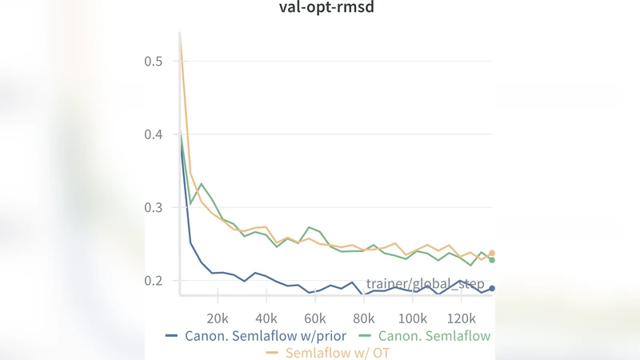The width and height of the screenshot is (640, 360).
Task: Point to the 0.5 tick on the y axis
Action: click(x=154, y=61)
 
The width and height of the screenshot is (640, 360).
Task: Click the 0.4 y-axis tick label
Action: click(x=154, y=134)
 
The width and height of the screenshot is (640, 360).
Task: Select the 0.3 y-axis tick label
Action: click(x=154, y=207)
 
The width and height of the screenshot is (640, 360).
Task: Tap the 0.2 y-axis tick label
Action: click(x=154, y=281)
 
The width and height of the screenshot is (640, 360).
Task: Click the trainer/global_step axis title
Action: click(x=426, y=284)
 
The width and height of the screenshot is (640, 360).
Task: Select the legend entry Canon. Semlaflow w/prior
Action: click(x=265, y=335)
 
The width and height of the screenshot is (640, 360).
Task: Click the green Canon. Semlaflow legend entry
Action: click(x=434, y=335)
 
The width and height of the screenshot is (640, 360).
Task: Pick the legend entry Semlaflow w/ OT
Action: click(x=337, y=352)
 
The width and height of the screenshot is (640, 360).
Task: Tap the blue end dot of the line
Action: click(x=492, y=288)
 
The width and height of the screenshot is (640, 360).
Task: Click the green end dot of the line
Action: click(x=492, y=260)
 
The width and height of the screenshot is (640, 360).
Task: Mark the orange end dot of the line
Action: click(x=492, y=253)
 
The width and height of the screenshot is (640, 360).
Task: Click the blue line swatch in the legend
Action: click(x=172, y=335)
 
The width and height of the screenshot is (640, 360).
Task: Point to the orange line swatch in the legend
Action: click(x=272, y=352)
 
